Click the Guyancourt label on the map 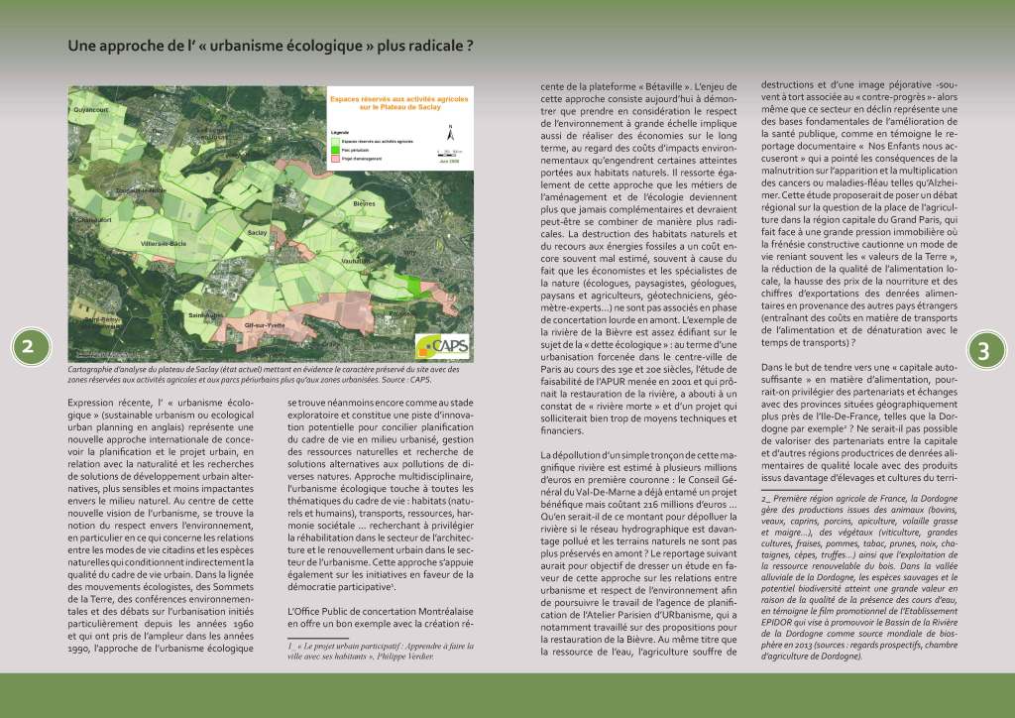(x=89, y=109)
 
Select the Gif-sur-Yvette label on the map (x=264, y=325)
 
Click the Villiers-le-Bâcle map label (x=164, y=243)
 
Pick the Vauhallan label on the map (x=355, y=260)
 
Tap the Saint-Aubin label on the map (x=205, y=314)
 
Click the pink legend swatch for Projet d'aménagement (x=334, y=158)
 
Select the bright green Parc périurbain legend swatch (x=334, y=150)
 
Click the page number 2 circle (x=29, y=346)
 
